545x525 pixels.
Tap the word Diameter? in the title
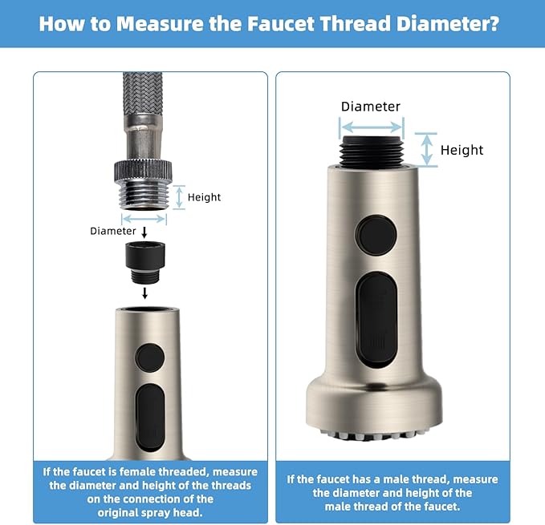447,23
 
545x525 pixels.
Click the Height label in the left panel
204,197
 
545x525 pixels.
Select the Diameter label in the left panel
112,231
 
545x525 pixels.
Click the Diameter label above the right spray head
371,106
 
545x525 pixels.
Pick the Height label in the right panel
462,150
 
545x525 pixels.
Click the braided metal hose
143,94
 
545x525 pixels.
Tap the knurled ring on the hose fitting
143,171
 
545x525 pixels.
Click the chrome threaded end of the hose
144,196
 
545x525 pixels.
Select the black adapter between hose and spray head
145,262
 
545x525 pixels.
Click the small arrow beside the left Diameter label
144,232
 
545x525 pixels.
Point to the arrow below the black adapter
145,293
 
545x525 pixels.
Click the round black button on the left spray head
150,357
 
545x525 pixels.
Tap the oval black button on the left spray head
150,418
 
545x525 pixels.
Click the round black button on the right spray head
376,236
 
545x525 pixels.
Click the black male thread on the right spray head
372,152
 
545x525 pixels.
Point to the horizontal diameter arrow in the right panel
372,127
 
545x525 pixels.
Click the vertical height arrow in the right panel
427,150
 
